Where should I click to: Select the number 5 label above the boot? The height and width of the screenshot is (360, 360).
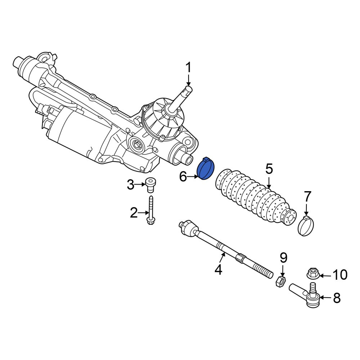click(x=269, y=169)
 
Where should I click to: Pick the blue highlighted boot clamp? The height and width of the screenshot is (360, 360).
click(x=206, y=168)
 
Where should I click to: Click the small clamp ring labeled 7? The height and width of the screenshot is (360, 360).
click(x=306, y=226)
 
